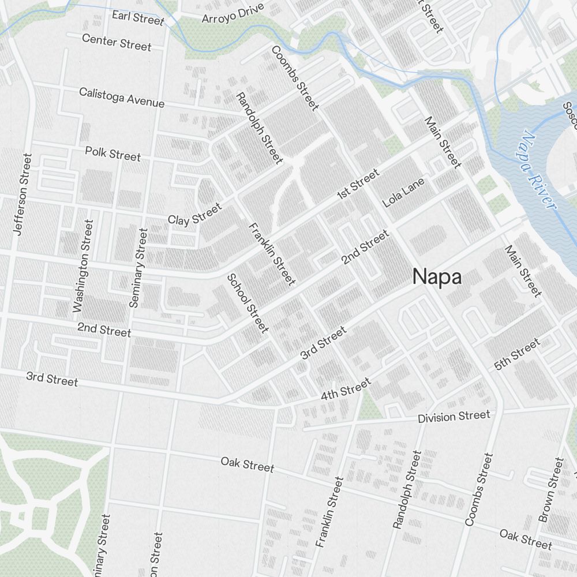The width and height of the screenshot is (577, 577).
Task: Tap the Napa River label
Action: pos(537,171)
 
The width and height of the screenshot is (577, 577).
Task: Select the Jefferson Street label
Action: pos(23,193)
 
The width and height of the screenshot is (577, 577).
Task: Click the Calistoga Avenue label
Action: pos(122,98)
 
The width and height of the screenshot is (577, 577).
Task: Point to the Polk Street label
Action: pos(113,154)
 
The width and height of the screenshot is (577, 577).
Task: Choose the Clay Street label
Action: pos(194,214)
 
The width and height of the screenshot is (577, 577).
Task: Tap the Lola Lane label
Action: pos(403,193)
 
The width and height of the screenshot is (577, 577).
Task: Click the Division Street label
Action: pos(454,416)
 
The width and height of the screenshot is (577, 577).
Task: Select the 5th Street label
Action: pos(517,354)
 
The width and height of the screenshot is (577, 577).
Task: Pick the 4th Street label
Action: pos(346,390)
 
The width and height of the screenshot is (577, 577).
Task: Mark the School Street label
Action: pos(248,303)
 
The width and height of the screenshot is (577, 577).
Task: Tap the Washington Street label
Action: pos(83,266)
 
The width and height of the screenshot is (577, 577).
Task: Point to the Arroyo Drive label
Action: pos(233,13)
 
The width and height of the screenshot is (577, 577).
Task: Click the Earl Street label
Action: pos(138,17)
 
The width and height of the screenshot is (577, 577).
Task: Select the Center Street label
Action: pos(117,42)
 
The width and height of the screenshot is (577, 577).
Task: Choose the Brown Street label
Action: pos(550,490)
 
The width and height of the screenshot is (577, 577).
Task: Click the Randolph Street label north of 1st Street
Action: pos(260,128)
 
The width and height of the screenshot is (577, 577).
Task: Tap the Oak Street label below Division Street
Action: pos(247,464)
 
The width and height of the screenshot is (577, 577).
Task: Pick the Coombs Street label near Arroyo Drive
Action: pos(294,78)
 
